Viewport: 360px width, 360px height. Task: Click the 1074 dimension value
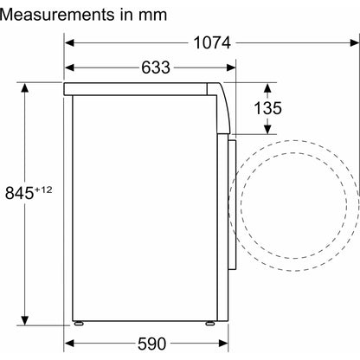pos(212,43)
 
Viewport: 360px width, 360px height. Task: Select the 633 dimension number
pos(156,67)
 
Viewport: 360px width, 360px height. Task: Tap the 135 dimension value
pos(267,108)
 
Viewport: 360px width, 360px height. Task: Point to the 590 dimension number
pos(151,344)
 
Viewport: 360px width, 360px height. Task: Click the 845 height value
pos(19,193)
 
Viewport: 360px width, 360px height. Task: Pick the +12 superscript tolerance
pos(43,190)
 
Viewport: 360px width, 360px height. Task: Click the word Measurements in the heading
pos(57,15)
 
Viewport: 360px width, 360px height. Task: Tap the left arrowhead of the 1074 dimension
pos(69,43)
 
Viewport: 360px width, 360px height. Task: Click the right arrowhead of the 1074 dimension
pos(355,43)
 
